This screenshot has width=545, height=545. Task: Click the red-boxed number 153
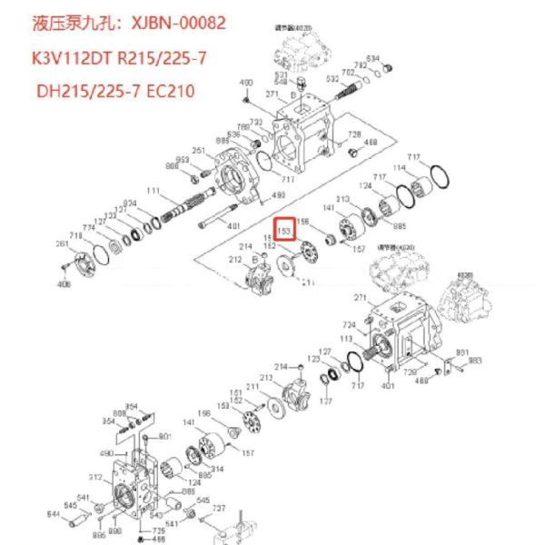tap(286, 232)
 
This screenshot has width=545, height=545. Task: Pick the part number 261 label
tap(62, 243)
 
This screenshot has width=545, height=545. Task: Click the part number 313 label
tap(344, 199)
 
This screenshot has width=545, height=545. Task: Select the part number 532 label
tap(332, 79)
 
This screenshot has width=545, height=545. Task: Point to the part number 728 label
tap(355, 134)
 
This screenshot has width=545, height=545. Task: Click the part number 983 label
tap(475, 361)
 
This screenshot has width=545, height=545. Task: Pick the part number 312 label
tap(96, 476)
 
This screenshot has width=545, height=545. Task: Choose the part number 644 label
tap(53, 515)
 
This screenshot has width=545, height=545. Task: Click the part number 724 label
tap(348, 324)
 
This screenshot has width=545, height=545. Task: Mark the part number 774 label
tap(88, 228)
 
